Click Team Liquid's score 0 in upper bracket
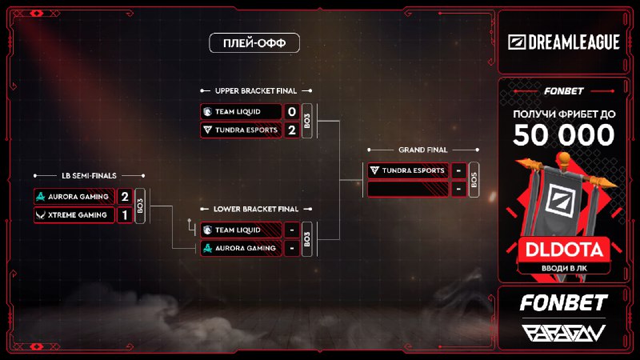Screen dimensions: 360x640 (291, 112)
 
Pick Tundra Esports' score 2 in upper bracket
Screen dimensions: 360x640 (291, 130)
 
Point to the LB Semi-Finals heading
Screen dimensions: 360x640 (88, 175)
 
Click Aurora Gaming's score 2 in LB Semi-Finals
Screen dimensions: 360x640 (124, 196)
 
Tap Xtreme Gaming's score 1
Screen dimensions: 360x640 (124, 214)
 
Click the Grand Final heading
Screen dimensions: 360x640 (422, 150)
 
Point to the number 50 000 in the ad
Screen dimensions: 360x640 (564, 136)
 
